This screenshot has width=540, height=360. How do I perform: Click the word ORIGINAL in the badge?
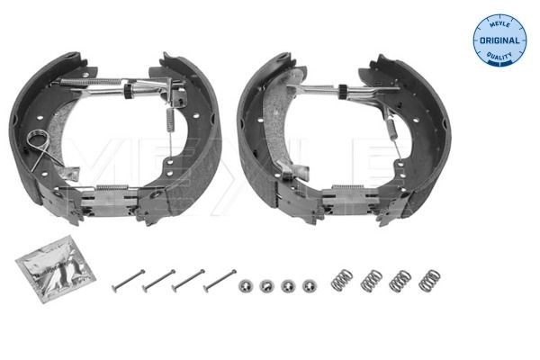(x=499, y=40)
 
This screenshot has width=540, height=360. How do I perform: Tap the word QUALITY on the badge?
(x=499, y=57)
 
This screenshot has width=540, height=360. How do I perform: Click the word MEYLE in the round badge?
(x=499, y=25)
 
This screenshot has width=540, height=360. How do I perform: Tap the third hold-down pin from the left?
(x=188, y=279)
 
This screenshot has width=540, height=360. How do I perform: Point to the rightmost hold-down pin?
(x=220, y=279)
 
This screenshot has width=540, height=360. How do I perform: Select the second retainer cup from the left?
(x=265, y=285)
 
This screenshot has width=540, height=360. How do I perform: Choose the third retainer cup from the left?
(x=287, y=285)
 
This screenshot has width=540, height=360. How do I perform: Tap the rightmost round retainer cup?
(x=310, y=284)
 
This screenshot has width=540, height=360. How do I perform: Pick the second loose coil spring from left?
(x=371, y=281)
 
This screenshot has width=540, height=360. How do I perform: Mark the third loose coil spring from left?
(x=400, y=280)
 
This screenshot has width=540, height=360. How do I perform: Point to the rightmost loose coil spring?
(x=431, y=280)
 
